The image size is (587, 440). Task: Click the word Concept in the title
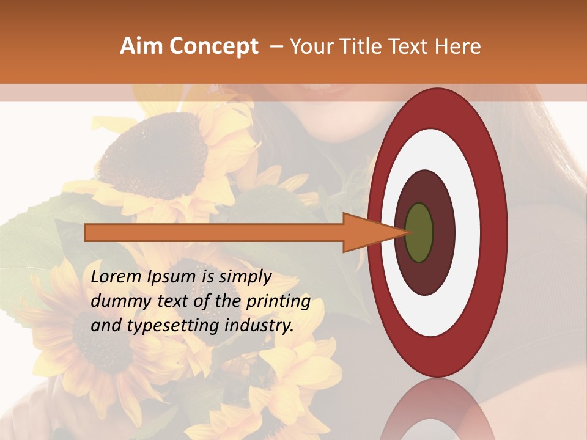tap(214, 46)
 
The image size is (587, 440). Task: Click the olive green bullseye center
tap(419, 233)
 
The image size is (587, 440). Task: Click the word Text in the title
tap(412, 46)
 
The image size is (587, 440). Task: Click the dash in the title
tap(276, 47)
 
